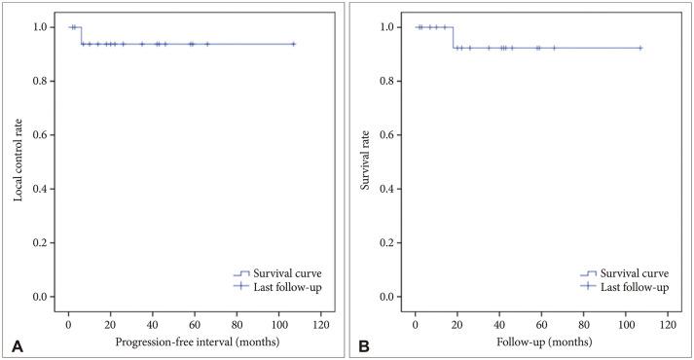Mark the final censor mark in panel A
click(293, 44)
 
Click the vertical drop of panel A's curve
click(81, 35)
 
